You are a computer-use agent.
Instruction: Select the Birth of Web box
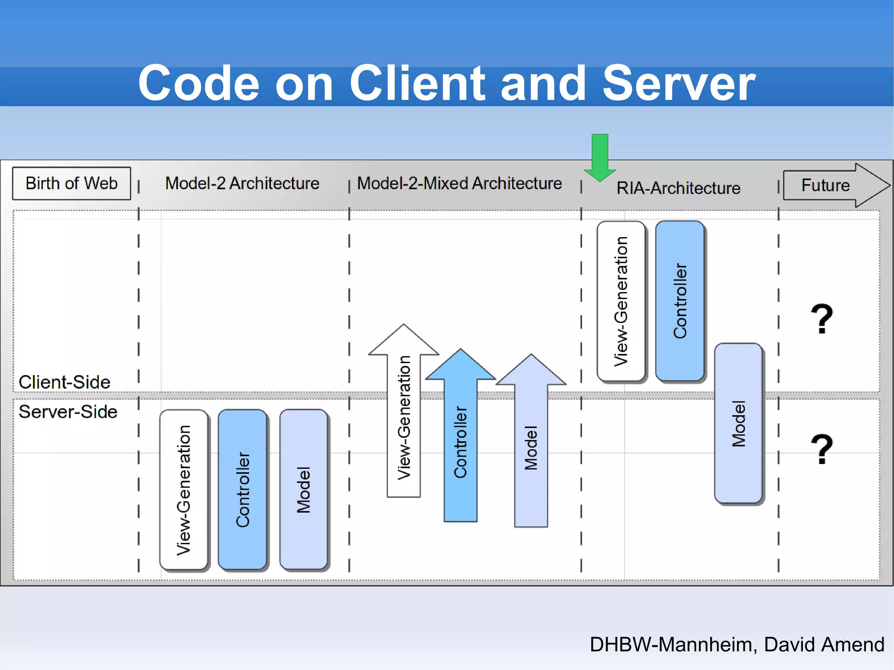coord(71,183)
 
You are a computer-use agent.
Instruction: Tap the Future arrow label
coord(825,185)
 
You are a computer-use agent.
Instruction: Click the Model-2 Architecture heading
coord(242,183)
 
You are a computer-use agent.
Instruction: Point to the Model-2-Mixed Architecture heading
coord(459,183)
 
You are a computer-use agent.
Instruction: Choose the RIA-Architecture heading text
coord(678,188)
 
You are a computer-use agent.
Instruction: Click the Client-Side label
coord(64,382)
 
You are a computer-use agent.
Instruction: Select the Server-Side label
coord(68,412)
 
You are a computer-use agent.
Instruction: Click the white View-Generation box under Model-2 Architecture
coord(184,489)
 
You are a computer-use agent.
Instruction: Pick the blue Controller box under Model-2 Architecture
coord(242,489)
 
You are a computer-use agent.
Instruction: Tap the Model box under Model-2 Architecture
coord(303,489)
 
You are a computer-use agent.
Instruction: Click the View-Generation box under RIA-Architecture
coord(621,301)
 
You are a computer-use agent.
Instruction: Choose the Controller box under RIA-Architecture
coord(680,301)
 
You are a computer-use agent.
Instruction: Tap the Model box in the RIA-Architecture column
coord(738,423)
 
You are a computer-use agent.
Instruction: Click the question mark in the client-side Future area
coord(822,319)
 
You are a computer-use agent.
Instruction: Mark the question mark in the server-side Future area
coord(822,449)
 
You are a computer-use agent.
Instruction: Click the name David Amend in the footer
coord(824,644)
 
